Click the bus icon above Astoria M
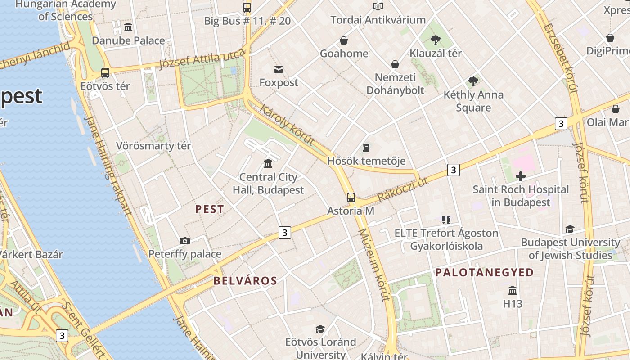pos(351,198)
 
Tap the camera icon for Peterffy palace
pos(185,241)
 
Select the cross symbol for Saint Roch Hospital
pos(521,176)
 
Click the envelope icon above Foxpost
pos(279,70)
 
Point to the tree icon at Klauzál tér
pos(435,40)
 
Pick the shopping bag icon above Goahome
pos(344,41)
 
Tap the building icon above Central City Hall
pos(268,163)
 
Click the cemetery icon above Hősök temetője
pos(366,148)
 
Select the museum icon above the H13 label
pos(513,290)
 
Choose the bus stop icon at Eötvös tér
pos(105,72)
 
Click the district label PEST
pos(209,209)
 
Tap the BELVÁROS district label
pos(245,281)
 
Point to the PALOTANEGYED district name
pos(484,272)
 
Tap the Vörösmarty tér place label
pos(153,146)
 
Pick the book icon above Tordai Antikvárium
pos(378,7)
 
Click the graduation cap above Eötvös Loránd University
pos(320,329)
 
